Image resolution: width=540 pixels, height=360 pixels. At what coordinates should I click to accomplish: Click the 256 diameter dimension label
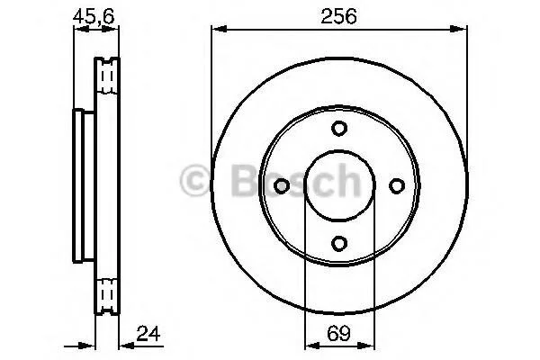(x=338, y=16)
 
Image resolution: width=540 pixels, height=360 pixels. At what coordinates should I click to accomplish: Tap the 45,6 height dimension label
(x=94, y=16)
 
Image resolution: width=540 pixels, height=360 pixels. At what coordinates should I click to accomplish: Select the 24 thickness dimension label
(x=148, y=334)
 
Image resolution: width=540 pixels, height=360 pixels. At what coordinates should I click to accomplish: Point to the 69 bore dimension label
(x=338, y=333)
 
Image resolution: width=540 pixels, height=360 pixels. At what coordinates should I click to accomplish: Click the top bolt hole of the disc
(x=339, y=128)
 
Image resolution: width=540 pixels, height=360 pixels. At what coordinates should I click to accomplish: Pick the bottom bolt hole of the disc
(x=339, y=243)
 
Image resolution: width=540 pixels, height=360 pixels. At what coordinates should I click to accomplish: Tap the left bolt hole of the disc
(x=282, y=186)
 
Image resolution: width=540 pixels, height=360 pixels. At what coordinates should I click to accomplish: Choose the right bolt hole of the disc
(x=397, y=186)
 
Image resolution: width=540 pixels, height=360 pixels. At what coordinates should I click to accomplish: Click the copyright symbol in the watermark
(x=194, y=180)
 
